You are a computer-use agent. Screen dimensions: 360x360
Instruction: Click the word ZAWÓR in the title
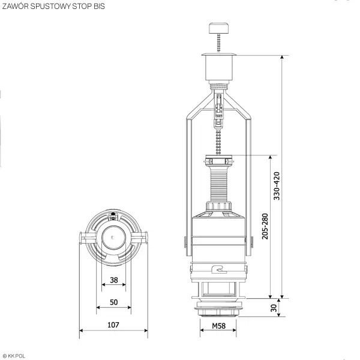coord(16,6)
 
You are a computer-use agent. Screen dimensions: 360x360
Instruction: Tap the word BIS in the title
coord(99,6)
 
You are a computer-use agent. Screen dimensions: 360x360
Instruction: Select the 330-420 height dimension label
coord(277,186)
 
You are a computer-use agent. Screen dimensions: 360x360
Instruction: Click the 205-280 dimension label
coord(265,226)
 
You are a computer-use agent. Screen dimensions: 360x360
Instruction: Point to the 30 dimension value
coord(274,308)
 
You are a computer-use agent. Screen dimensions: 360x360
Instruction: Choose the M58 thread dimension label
coord(218,326)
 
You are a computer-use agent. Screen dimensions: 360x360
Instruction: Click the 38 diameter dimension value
coord(114,280)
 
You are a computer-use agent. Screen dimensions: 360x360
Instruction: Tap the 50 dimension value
coord(114,302)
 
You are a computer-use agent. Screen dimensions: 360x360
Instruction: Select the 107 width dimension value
coord(113,325)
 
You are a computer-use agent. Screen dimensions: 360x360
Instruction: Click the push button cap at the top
coord(218,28)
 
